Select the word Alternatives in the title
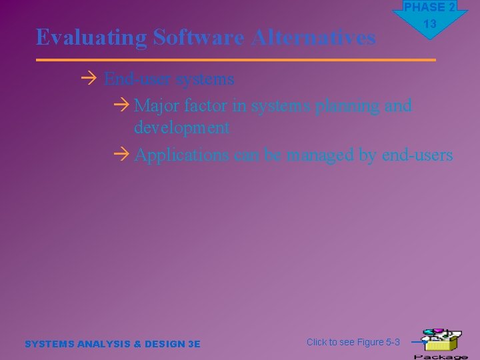[x=313, y=38]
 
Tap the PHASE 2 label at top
[x=429, y=7]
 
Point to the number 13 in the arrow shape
[x=430, y=25]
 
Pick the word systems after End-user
[x=205, y=79]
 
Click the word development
[x=181, y=127]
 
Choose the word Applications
[x=182, y=155]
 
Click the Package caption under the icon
[x=441, y=356]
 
